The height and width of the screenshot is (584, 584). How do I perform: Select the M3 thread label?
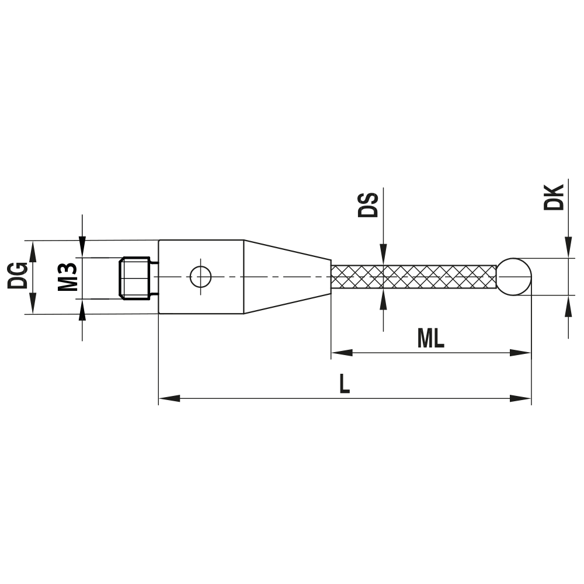[68, 277]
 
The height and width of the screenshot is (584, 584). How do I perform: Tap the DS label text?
[369, 203]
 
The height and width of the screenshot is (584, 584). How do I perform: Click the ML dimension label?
[431, 339]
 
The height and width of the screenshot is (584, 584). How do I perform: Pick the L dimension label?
[345, 384]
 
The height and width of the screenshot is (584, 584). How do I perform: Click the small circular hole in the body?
[201, 276]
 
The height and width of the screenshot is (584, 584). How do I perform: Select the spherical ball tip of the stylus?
[515, 276]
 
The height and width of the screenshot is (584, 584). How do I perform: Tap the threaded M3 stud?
[137, 277]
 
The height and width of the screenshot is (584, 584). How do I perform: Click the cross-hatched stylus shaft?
[413, 276]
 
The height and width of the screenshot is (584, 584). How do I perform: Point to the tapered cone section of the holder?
[286, 276]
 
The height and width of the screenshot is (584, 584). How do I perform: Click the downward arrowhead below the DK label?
[568, 248]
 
